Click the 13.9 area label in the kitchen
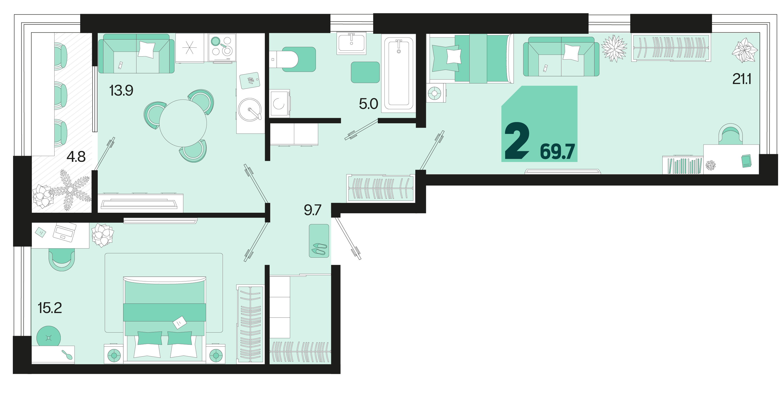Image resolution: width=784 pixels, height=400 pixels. pyautogui.click(x=121, y=90)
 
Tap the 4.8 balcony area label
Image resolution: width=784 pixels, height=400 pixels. pyautogui.click(x=76, y=157)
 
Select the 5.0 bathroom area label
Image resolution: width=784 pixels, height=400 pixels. pyautogui.click(x=368, y=104)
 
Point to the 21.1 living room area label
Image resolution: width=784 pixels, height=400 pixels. pyautogui.click(x=742, y=79)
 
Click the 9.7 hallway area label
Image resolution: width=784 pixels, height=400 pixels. pyautogui.click(x=313, y=210)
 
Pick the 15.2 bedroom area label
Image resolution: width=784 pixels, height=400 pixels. pyautogui.click(x=50, y=308)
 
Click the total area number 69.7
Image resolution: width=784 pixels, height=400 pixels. pyautogui.click(x=557, y=151)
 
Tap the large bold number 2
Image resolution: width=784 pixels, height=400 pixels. pyautogui.click(x=517, y=141)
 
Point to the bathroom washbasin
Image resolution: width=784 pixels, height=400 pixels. pyautogui.click(x=351, y=44)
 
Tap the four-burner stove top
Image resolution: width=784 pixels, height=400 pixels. pyautogui.click(x=222, y=48)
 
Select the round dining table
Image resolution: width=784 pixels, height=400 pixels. pyautogui.click(x=183, y=123)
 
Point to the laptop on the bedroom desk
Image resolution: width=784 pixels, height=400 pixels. pyautogui.click(x=64, y=232)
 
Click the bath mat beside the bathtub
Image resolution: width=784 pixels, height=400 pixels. pyautogui.click(x=365, y=72)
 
